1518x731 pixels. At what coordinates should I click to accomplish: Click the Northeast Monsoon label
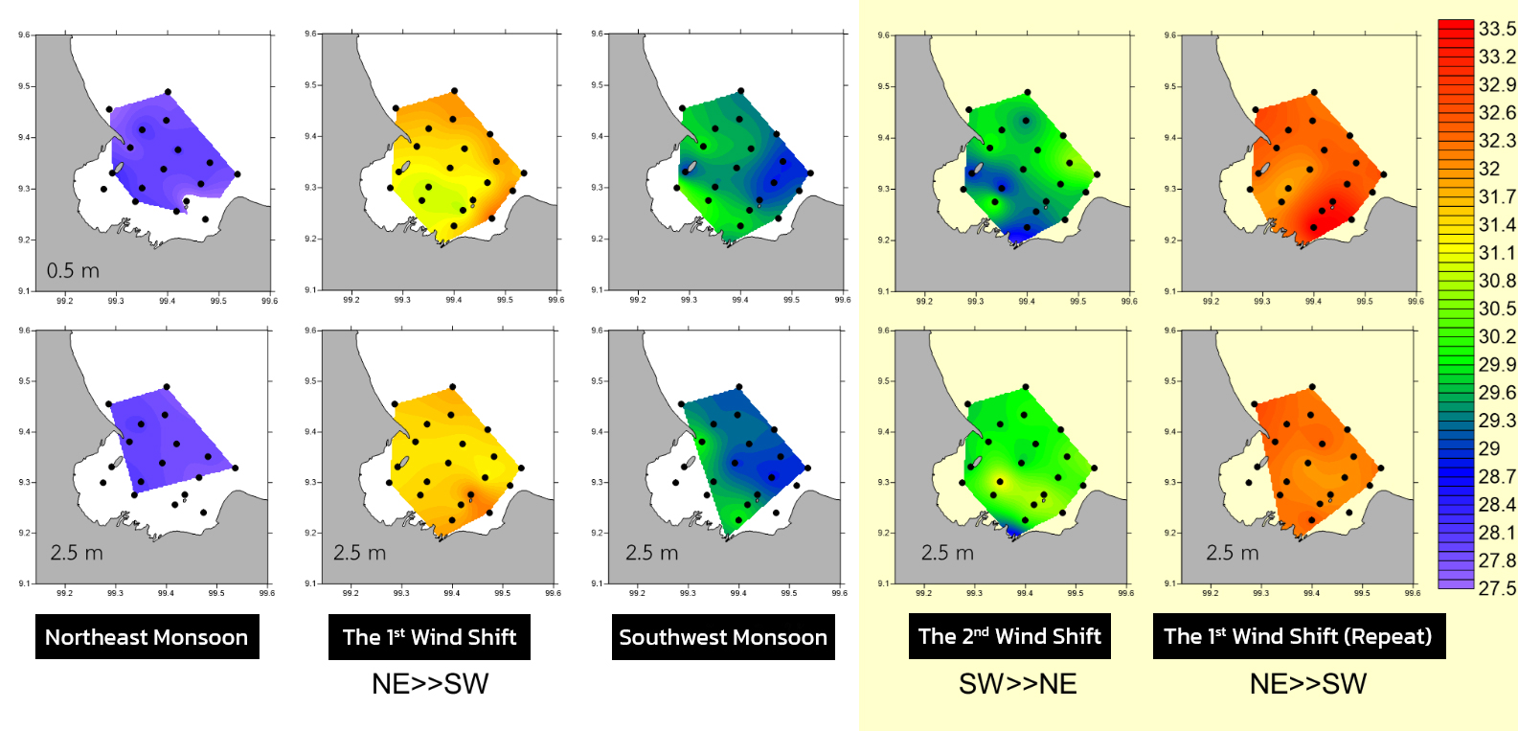click(147, 637)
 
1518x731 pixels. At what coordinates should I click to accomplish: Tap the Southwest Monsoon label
click(723, 637)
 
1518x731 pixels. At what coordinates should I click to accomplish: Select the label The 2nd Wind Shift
click(1009, 636)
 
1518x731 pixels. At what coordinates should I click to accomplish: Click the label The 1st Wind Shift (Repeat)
click(1298, 636)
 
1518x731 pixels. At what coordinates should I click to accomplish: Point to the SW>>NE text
click(1017, 683)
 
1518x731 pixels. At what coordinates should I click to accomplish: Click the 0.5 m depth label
click(73, 270)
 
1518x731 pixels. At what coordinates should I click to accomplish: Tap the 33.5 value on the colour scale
click(1497, 29)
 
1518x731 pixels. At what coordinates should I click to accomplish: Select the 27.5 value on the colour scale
click(1497, 587)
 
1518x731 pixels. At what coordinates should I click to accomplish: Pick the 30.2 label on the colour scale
click(1497, 336)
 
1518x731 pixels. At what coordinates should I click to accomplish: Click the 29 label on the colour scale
click(1489, 448)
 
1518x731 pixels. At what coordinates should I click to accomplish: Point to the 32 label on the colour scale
click(1489, 169)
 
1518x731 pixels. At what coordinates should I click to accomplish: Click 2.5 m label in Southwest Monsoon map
click(651, 553)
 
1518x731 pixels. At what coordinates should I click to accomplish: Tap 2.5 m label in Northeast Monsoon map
click(77, 553)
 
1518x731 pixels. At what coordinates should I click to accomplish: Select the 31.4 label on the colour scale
click(1497, 224)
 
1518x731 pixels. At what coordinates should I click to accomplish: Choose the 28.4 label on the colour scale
click(1497, 504)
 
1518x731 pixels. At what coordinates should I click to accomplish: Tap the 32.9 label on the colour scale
click(1497, 84)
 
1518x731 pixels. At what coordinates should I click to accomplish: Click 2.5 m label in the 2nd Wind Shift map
click(947, 553)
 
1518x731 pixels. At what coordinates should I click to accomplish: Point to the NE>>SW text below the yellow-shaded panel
click(1307, 683)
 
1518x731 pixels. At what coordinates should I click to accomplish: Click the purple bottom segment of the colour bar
click(1455, 583)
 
